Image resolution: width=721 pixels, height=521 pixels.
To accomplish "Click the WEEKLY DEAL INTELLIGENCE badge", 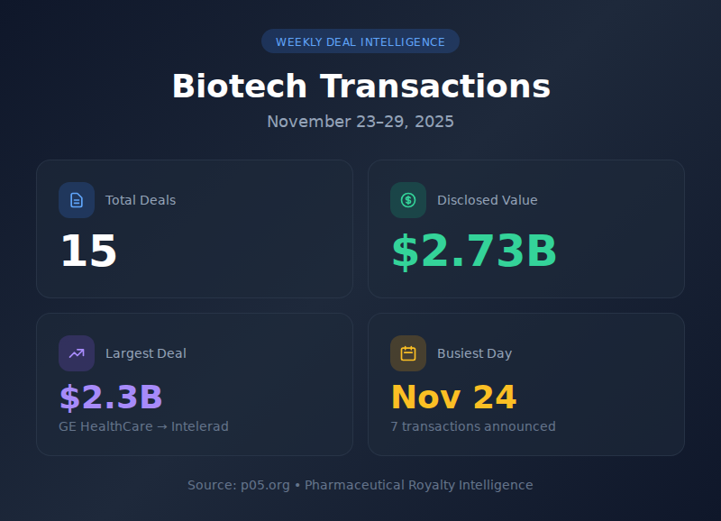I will coord(360,41).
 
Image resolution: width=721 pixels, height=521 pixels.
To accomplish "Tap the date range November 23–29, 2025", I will coord(360,122).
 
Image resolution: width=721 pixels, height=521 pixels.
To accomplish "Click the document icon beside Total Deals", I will coord(77,200).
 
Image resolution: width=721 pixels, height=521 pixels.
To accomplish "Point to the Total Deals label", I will coord(141,200).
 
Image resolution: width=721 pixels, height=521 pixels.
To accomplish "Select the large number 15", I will coord(88,251).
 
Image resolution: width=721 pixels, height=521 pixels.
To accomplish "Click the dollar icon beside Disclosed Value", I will coord(408,200).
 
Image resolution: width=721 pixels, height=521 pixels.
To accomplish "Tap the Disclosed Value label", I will coord(487,200).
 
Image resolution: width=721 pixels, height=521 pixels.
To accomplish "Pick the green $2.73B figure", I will coord(474,251).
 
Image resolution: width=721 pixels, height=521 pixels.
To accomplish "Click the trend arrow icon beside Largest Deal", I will coord(77,353).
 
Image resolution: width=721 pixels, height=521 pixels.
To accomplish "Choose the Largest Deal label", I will coord(146,353).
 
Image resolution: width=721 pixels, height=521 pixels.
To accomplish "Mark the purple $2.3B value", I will coord(111,398).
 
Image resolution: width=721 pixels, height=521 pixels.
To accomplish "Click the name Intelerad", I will coord(199,426).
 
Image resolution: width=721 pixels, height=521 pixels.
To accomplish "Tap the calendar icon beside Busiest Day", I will coord(408,353).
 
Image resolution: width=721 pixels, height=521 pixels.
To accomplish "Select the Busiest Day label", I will coord(474,353).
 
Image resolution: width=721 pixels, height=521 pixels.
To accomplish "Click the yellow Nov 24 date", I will coord(453,398).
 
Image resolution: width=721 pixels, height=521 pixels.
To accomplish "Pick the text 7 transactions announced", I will coord(473,426).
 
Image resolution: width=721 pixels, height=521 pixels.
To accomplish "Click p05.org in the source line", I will coord(265,485).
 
